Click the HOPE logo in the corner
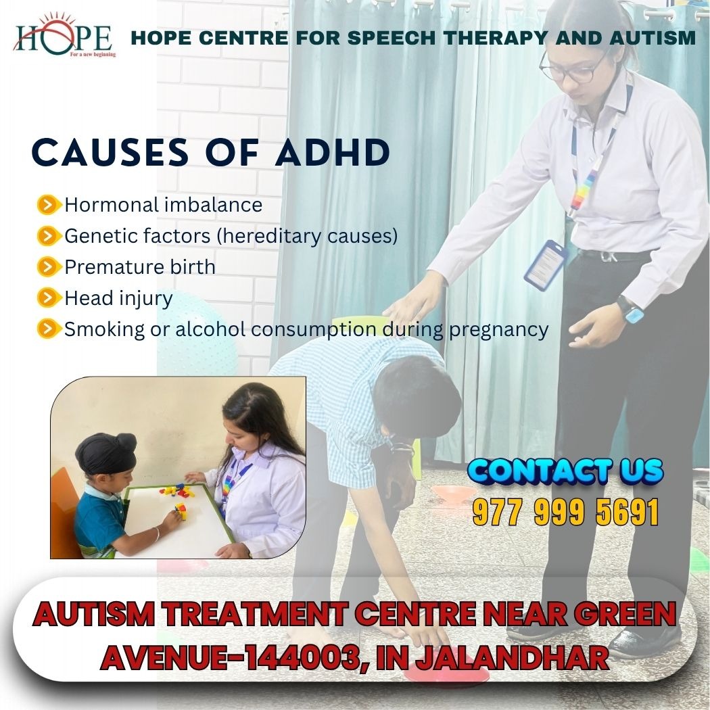(x=64, y=37)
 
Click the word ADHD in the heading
(x=333, y=152)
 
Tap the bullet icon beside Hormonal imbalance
(x=49, y=205)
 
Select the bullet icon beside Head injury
(x=49, y=298)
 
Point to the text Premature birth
(x=140, y=266)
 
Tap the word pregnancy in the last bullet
(x=498, y=331)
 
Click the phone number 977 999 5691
(x=565, y=512)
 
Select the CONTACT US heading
(x=565, y=471)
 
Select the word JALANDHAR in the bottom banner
(x=512, y=657)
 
